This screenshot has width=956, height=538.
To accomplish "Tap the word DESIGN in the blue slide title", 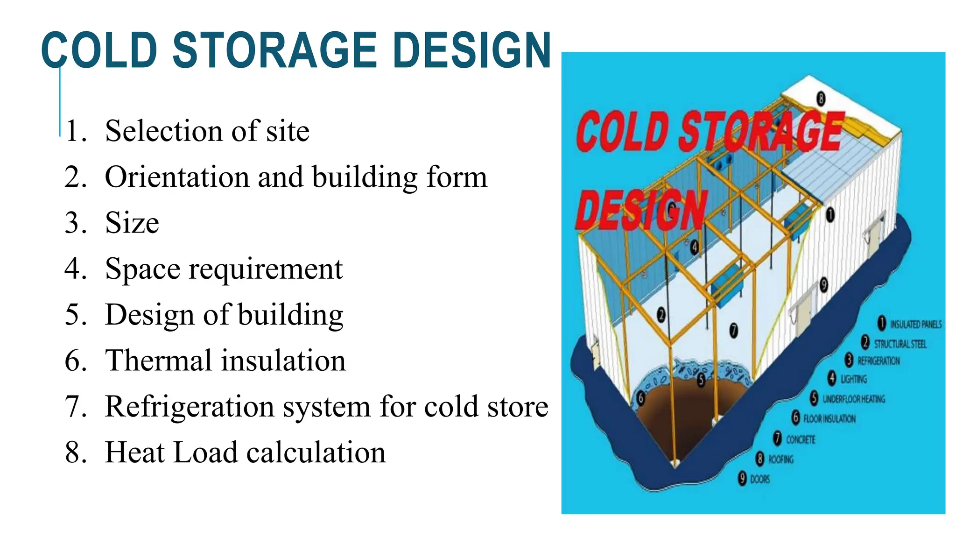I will tap(472, 50).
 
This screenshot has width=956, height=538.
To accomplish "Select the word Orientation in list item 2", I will tap(177, 177).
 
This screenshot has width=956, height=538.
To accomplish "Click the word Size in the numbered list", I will tap(132, 223).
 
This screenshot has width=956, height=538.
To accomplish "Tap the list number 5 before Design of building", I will tap(75, 314).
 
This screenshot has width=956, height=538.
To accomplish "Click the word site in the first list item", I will tap(288, 131).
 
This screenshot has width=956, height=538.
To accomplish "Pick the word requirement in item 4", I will tap(266, 269).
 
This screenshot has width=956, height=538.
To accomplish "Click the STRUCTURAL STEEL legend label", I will tap(900, 344).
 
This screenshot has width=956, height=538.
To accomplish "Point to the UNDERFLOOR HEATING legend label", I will tap(854, 399).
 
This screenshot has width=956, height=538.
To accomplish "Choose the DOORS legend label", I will tap(759, 479).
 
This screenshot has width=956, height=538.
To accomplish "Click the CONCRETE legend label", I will tap(801, 439).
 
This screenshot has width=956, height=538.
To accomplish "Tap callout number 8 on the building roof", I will tap(820, 99).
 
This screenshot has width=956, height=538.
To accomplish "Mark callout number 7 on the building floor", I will tap(733, 331).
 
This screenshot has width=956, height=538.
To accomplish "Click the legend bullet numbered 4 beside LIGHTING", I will tap(832, 378).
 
